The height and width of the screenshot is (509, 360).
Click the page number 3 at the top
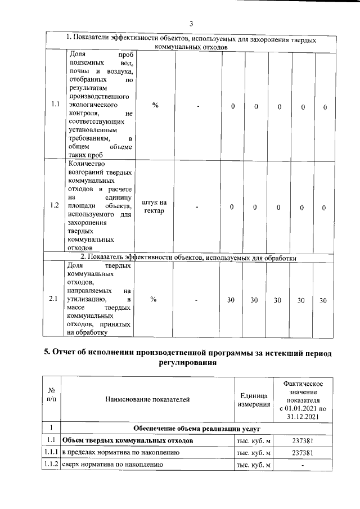point(191,23)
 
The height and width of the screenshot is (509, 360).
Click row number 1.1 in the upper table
point(55,105)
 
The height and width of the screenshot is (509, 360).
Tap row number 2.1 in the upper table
point(54,299)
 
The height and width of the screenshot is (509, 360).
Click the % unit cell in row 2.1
point(154,299)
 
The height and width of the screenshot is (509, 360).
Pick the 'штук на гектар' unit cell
point(154,207)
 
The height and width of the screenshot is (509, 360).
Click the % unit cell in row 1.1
point(155,105)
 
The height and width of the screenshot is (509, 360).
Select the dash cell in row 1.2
point(197,208)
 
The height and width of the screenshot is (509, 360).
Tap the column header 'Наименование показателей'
point(146,399)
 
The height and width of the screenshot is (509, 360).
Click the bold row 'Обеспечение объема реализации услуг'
point(193,428)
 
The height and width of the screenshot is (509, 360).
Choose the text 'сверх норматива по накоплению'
point(112,465)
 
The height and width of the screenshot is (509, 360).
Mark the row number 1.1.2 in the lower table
point(51,465)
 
